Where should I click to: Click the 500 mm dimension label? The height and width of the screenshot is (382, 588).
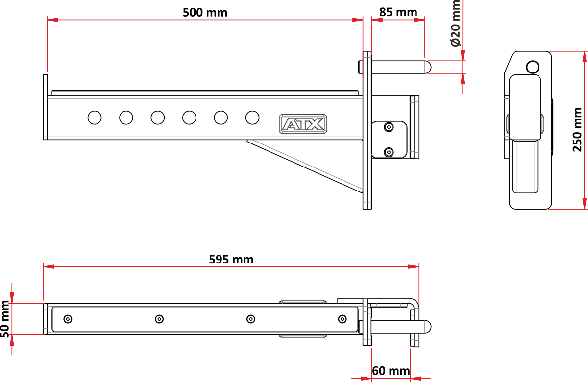click(205, 13)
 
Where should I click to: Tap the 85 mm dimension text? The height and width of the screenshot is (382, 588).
click(398, 12)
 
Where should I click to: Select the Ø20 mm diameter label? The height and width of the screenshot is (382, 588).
click(456, 24)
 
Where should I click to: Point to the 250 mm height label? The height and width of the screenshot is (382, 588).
click(577, 130)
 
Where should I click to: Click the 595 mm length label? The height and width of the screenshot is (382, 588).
click(231, 260)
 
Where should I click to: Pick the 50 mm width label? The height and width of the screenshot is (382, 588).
click(5, 319)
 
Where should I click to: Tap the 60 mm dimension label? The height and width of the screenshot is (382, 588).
click(391, 371)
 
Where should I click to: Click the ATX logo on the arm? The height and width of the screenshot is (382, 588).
click(303, 124)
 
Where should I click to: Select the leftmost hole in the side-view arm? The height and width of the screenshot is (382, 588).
click(95, 118)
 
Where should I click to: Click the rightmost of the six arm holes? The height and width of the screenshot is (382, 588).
click(252, 118)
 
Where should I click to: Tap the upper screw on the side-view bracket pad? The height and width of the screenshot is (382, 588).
click(389, 127)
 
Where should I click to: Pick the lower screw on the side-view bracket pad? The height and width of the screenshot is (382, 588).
click(389, 152)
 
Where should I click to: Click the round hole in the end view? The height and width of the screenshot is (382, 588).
click(533, 67)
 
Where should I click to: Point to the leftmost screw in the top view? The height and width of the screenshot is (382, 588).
click(68, 319)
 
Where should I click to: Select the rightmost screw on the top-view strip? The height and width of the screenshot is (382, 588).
click(343, 319)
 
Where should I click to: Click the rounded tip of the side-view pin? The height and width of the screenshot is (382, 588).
click(428, 67)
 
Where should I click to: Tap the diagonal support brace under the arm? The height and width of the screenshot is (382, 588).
click(305, 167)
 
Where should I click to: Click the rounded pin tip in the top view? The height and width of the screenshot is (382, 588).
click(428, 327)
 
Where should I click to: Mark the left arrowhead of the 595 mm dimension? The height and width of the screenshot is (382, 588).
click(49, 266)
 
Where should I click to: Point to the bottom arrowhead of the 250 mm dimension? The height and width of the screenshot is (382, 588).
click(584, 204)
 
